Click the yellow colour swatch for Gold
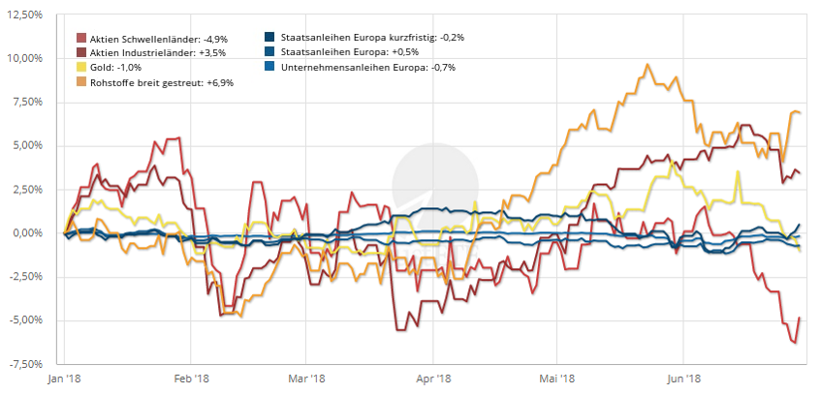81,68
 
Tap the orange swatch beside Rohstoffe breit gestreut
81,83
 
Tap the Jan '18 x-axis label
64,379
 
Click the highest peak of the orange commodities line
646,65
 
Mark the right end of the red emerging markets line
800,318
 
